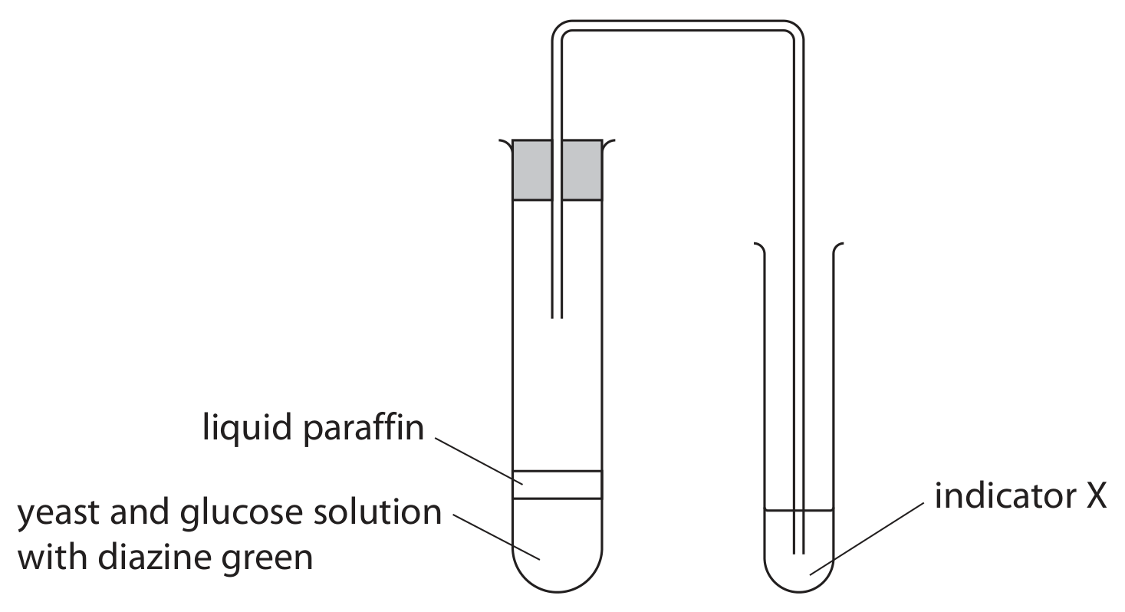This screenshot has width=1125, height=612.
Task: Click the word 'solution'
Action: (x=377, y=512)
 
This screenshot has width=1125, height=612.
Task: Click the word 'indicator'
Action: (x=1005, y=496)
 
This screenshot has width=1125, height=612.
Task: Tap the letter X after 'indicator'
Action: (x=1097, y=497)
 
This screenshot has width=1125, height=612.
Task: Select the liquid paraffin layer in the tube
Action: (x=557, y=485)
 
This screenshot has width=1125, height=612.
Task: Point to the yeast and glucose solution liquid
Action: (x=557, y=545)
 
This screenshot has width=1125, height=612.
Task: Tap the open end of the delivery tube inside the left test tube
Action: (x=557, y=318)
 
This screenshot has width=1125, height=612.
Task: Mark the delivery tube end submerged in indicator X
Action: (x=798, y=553)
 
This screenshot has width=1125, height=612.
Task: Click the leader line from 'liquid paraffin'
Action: (x=479, y=461)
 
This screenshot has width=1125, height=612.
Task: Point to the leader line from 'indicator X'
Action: (x=867, y=538)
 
